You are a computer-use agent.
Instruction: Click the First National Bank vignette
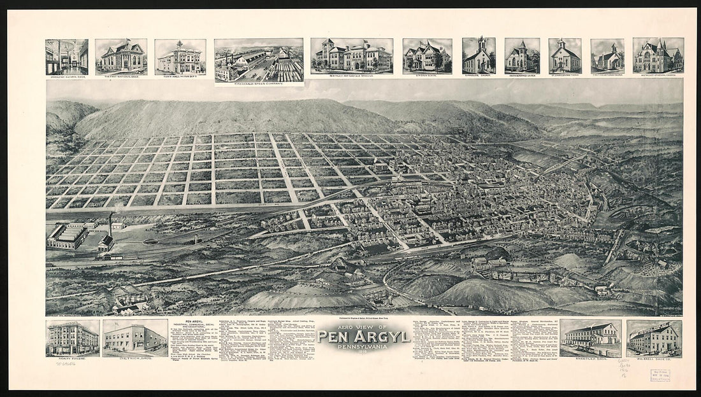tap(121, 57)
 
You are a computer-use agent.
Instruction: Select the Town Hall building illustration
tap(180, 57)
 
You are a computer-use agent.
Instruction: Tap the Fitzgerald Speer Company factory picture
tap(259, 60)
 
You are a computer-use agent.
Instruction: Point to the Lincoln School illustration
tap(427, 57)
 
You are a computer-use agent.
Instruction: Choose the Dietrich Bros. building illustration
tap(134, 338)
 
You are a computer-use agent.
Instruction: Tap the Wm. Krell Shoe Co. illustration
tap(654, 338)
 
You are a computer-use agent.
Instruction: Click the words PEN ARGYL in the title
tap(363, 336)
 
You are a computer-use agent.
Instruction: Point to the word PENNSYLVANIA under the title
tap(363, 347)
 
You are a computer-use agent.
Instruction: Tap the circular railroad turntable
tap(151, 242)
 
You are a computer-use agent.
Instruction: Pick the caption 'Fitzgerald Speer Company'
tap(259, 84)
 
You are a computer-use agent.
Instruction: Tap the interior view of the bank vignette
tap(67, 57)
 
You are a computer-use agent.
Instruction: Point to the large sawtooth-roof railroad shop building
tap(68, 237)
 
